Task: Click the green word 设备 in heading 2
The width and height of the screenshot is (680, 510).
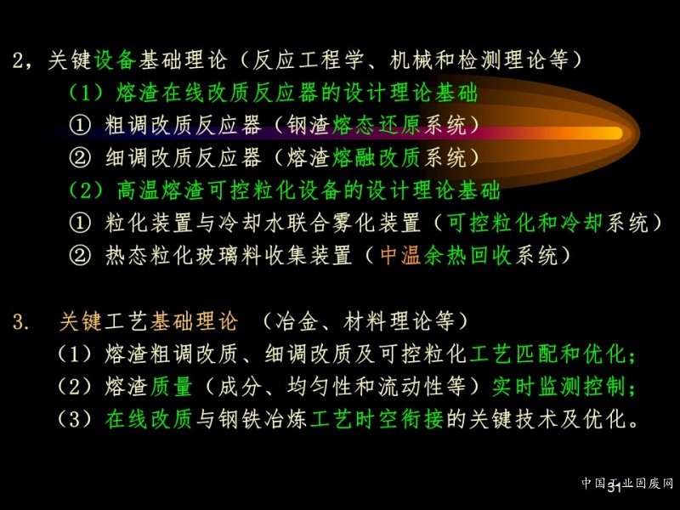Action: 115,59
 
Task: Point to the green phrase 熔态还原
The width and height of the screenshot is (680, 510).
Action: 377,125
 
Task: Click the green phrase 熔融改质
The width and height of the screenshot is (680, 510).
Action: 377,157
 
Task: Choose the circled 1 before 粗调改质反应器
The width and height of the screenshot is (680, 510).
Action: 80,125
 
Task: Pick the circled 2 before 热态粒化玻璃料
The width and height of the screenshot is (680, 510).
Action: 80,256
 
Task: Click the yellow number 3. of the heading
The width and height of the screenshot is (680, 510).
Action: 20,322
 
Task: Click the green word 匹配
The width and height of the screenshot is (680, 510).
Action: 537,354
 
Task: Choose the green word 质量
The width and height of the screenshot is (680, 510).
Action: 171,387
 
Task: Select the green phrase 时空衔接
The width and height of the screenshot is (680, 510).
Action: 399,419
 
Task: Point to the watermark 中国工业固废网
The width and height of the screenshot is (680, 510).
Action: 627,483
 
